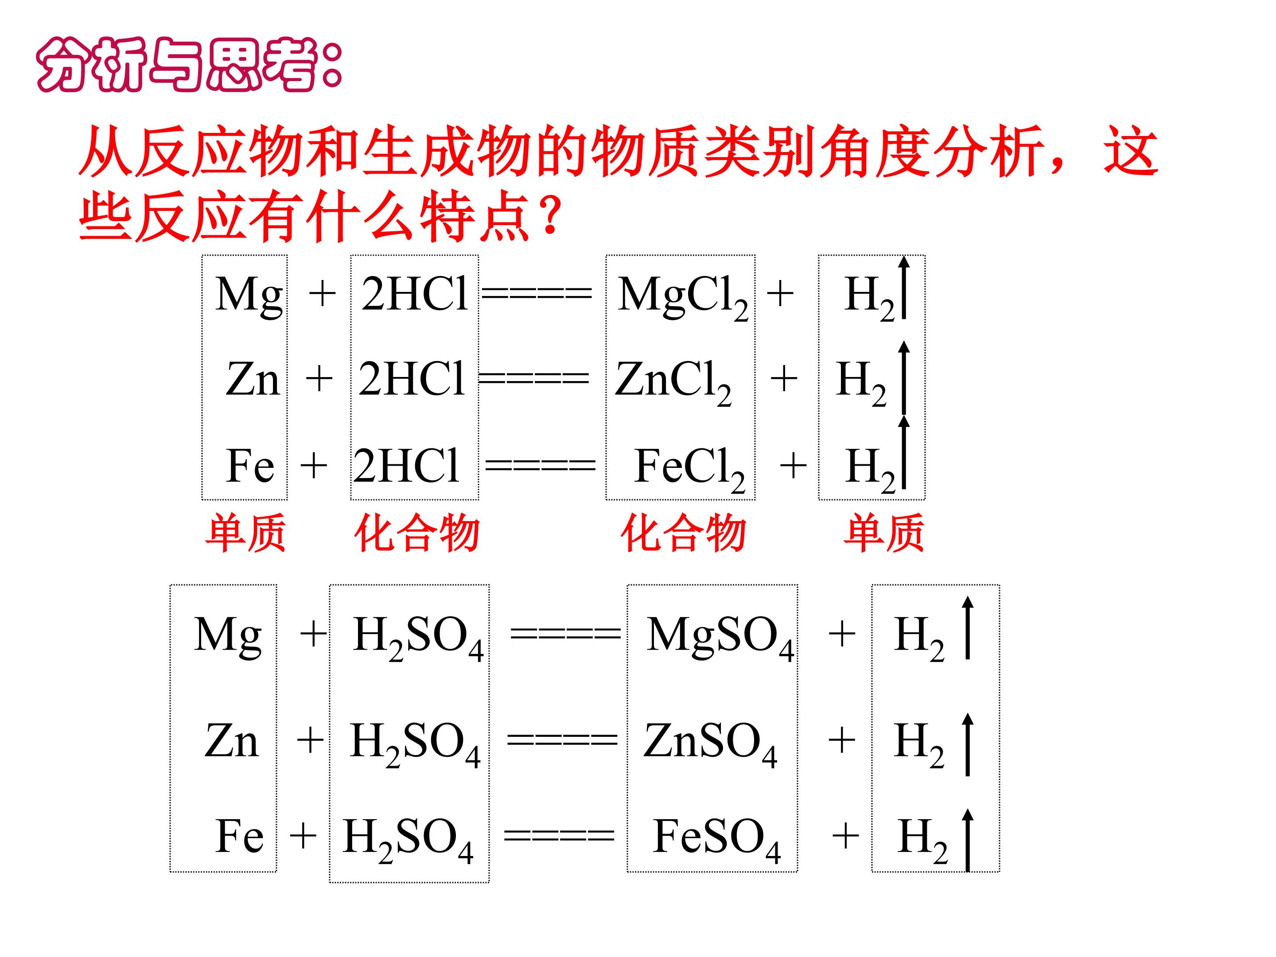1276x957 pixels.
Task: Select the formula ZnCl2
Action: pos(673,382)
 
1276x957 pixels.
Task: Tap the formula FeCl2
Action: pos(690,470)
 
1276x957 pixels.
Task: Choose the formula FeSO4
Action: pos(717,839)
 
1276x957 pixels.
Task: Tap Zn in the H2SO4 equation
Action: pos(231,741)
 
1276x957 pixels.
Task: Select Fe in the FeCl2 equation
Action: pos(250,466)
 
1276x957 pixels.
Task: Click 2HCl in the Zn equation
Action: pos(411,378)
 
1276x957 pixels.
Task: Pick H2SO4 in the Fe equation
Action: pos(408,840)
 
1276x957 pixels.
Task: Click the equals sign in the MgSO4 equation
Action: pos(565,634)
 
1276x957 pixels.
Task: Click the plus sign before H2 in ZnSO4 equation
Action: pos(842,739)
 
